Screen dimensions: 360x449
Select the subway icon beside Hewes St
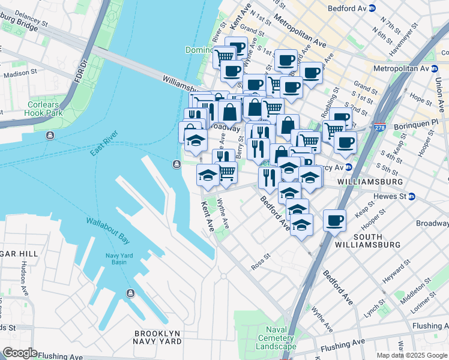click(412, 196)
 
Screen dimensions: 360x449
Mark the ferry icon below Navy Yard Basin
click(130, 293)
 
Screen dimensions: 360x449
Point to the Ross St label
click(261, 263)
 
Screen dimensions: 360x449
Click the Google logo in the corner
click(20, 353)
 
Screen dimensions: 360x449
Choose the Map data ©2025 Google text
click(412, 355)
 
